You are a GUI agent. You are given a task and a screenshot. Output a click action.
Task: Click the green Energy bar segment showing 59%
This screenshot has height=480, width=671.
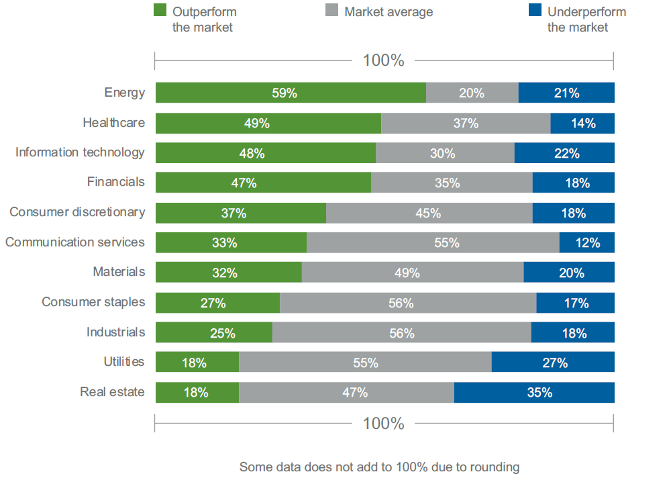click(x=291, y=93)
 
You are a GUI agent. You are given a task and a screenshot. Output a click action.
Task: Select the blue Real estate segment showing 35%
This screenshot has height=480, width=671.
click(x=534, y=393)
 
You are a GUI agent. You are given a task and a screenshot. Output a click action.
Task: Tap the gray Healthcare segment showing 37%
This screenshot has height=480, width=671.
click(x=466, y=124)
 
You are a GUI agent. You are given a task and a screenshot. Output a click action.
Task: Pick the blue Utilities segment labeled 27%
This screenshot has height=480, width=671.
click(x=553, y=363)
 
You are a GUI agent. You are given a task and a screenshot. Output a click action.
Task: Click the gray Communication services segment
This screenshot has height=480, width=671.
click(x=433, y=243)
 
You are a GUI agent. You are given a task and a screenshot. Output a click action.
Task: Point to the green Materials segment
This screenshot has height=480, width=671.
click(x=228, y=273)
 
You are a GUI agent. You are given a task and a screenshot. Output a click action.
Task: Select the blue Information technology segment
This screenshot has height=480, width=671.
click(x=564, y=153)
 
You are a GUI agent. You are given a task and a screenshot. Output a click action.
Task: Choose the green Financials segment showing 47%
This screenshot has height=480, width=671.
click(x=263, y=183)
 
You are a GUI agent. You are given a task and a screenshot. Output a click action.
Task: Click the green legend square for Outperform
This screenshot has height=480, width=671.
click(x=160, y=11)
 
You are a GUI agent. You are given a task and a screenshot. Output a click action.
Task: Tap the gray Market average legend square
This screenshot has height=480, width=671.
click(x=331, y=11)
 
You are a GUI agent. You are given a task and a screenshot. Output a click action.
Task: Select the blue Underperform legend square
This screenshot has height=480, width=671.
click(x=534, y=11)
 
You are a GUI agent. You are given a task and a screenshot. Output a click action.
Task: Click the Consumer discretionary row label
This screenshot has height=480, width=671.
click(x=77, y=212)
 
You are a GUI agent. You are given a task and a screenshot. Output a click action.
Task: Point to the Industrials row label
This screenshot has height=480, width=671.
click(x=115, y=332)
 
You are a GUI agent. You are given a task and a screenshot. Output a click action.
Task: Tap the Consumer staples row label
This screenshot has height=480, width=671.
click(x=93, y=302)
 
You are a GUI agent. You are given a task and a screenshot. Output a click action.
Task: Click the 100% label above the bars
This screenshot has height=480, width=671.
click(x=383, y=60)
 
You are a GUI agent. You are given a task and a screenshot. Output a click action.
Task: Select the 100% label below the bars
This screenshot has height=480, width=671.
click(x=383, y=424)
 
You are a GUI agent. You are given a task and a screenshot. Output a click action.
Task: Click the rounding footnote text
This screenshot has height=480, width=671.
click(x=379, y=467)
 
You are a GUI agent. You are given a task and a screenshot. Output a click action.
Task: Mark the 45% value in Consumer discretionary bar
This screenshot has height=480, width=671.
click(x=428, y=213)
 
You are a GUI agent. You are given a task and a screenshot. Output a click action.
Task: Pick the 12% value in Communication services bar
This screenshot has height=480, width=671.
click(x=587, y=243)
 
